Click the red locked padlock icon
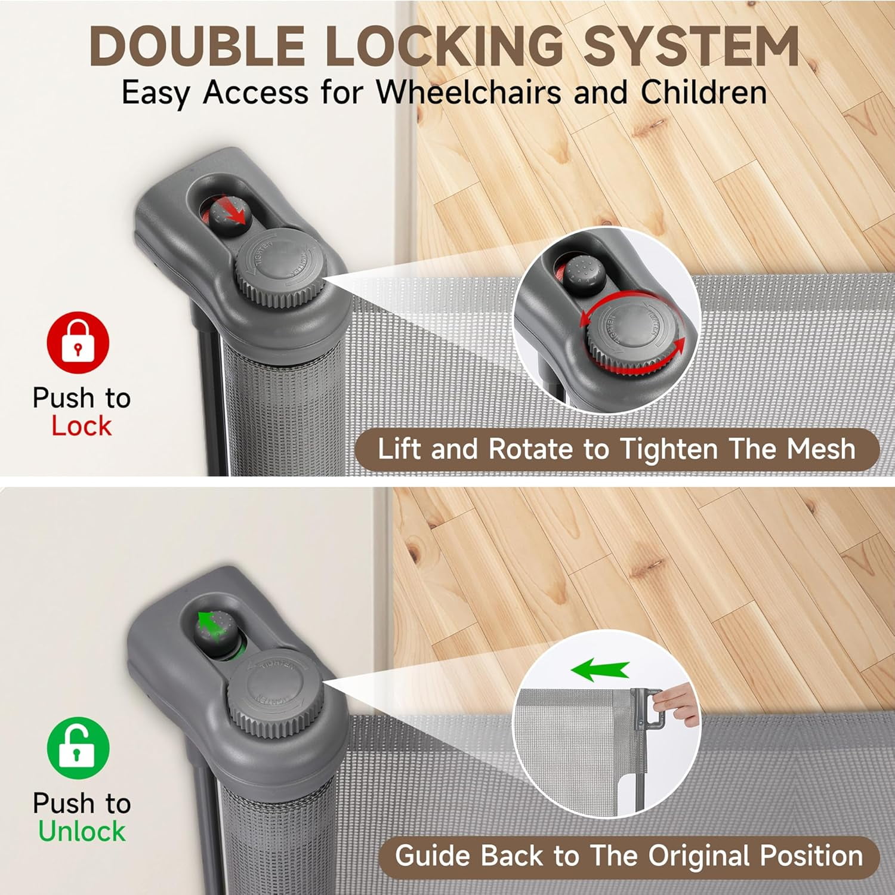[x=78, y=342]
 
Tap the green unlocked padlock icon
[x=78, y=748]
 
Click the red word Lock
[x=81, y=426]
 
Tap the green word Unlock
[x=82, y=831]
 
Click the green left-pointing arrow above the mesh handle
[x=600, y=671]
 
